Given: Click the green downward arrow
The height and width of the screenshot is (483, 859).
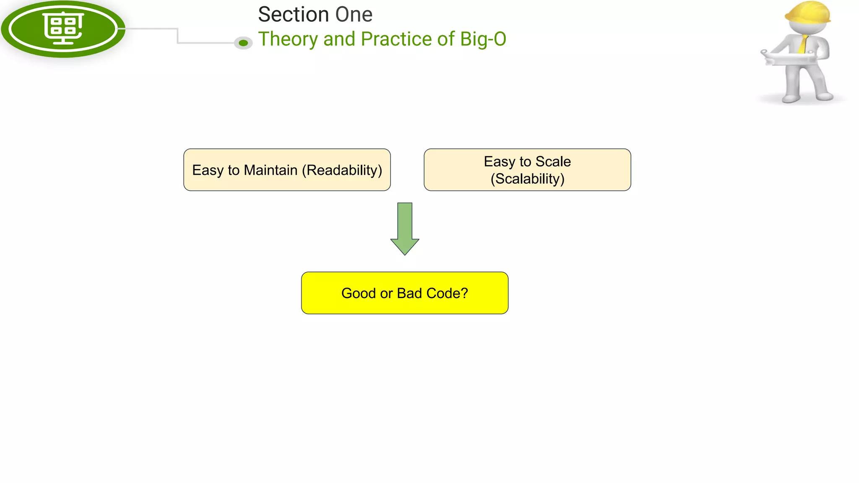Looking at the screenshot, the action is (x=405, y=229).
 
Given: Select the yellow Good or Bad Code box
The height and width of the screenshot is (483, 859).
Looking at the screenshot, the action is (x=405, y=293).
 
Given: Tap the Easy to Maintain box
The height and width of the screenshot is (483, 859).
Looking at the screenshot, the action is (x=287, y=170).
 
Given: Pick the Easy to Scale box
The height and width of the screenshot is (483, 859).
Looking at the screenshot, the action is (x=527, y=170).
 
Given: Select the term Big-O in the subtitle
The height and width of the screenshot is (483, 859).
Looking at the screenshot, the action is (x=483, y=39).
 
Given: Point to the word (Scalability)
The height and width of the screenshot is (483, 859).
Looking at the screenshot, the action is (x=528, y=179).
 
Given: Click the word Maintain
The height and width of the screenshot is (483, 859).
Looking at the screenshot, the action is (x=271, y=170).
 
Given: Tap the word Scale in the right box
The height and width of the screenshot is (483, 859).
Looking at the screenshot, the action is (x=553, y=161).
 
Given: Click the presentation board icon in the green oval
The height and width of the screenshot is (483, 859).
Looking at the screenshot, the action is (x=63, y=28).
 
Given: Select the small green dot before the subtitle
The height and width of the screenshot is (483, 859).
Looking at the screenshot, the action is (x=243, y=43).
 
